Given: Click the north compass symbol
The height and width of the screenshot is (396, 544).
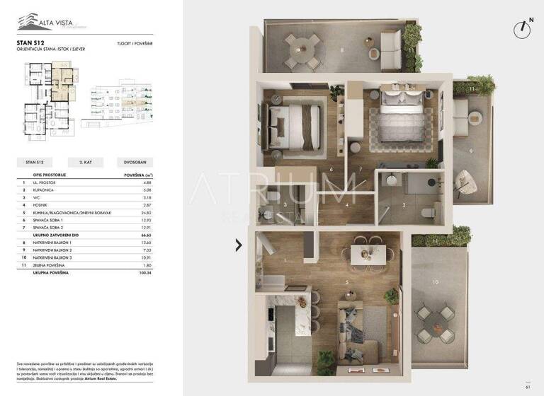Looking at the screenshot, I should pos(523,28).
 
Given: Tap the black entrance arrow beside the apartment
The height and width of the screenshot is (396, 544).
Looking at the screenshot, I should pos(239,245).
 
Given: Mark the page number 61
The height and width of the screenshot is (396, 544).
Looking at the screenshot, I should pos(528,386).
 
